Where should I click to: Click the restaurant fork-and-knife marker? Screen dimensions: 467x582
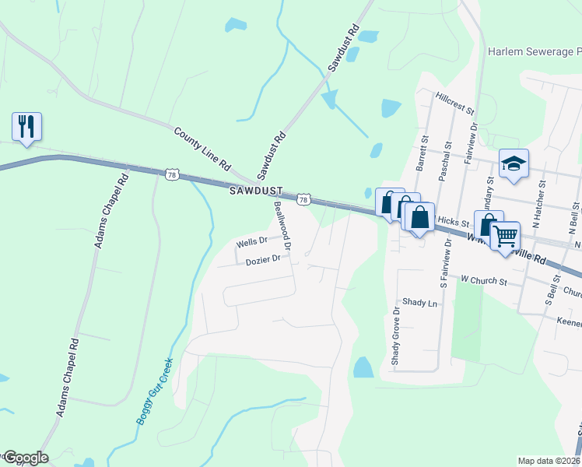pos(26,127)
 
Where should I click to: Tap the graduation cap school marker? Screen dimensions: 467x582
pos(514,163)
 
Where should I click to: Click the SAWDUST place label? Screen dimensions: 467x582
pos(255,191)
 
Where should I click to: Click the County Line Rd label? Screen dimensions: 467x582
pos(203,150)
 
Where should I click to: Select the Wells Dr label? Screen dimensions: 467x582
pos(251,243)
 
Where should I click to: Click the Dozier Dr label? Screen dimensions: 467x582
pos(262,261)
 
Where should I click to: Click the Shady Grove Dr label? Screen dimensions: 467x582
pos(396,335)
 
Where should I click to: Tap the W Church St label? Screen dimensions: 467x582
pos(483,279)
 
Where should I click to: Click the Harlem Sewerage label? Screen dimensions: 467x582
pos(535,51)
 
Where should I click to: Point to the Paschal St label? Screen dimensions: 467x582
pos(447,160)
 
